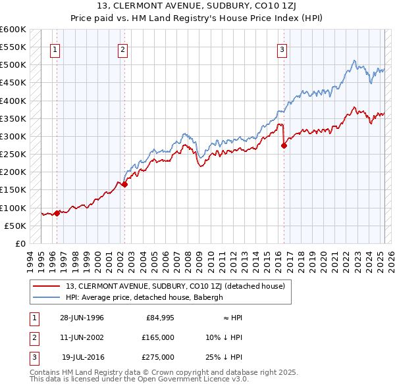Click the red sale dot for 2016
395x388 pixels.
284,146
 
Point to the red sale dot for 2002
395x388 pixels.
125,185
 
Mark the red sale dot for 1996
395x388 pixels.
57,212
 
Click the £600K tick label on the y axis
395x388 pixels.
13,30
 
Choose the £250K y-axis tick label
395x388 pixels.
13,155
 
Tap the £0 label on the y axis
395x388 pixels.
20,243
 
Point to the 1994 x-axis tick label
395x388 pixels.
30,260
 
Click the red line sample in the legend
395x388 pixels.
47,286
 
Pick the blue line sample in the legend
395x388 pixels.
47,297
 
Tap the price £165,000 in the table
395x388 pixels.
159,337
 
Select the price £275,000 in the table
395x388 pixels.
159,357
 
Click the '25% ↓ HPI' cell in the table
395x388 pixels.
223,357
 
